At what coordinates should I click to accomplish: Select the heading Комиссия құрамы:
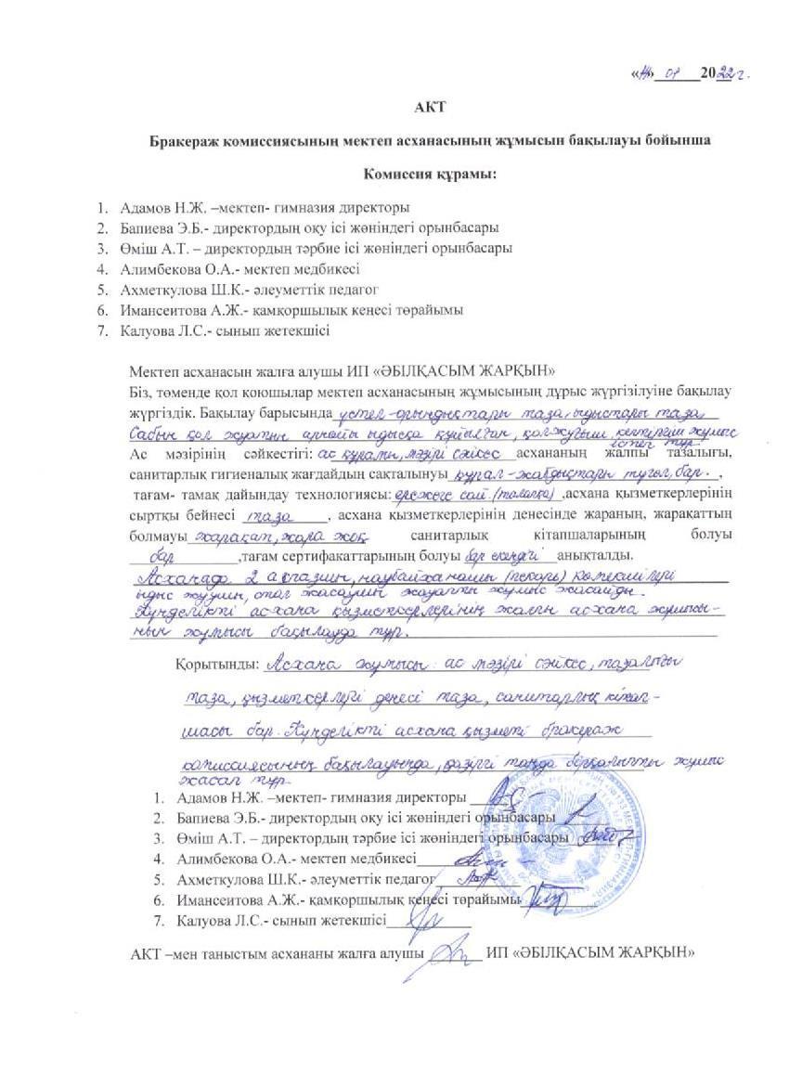[x=430, y=175]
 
